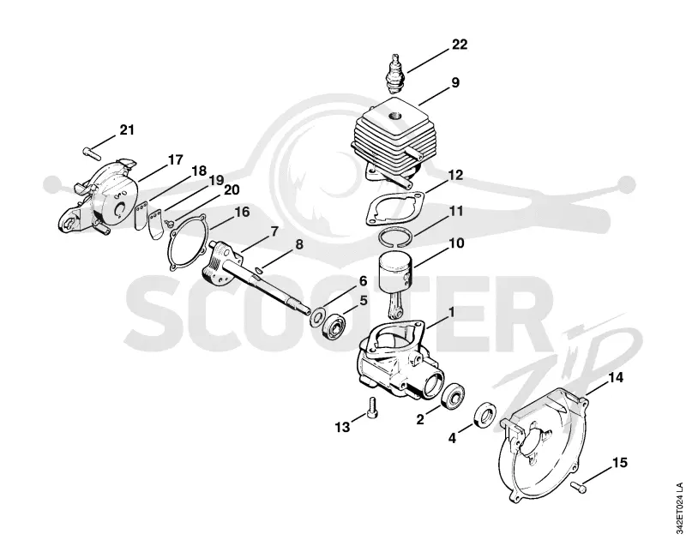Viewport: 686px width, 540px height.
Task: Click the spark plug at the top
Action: point(397,72)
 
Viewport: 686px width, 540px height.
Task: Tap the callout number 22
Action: point(460,45)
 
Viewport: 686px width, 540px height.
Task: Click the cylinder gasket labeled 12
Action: point(394,207)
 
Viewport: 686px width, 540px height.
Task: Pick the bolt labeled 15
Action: point(578,485)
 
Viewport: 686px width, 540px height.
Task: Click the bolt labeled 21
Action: point(92,153)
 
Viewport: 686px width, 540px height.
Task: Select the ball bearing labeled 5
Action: point(335,327)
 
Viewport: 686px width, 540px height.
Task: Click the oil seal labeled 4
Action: point(485,414)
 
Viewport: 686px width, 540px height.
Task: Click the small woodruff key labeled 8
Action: point(259,272)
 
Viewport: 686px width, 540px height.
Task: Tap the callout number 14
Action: point(615,378)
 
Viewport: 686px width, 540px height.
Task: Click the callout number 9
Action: point(455,82)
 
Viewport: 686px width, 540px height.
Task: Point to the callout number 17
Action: point(175,160)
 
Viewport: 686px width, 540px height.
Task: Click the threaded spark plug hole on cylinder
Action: point(395,115)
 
